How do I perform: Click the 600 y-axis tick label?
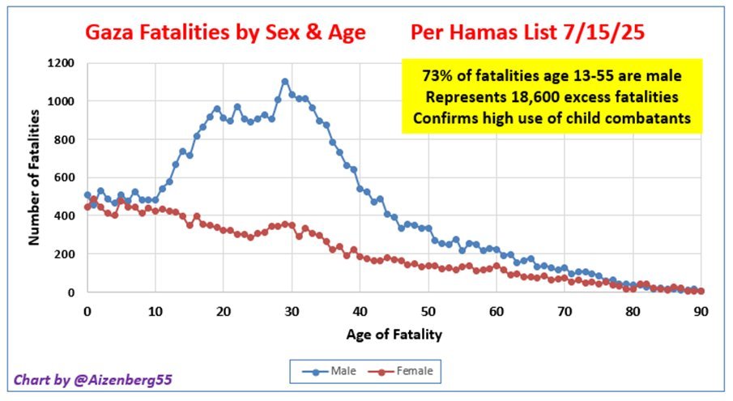pyautogui.click(x=64, y=177)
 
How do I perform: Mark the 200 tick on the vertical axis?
pyautogui.click(x=64, y=254)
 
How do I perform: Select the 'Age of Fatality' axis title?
pyautogui.click(x=394, y=333)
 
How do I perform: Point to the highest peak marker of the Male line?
pyautogui.click(x=285, y=82)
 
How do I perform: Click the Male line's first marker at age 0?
pyautogui.click(x=87, y=194)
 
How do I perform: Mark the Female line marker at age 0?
pyautogui.click(x=87, y=207)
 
